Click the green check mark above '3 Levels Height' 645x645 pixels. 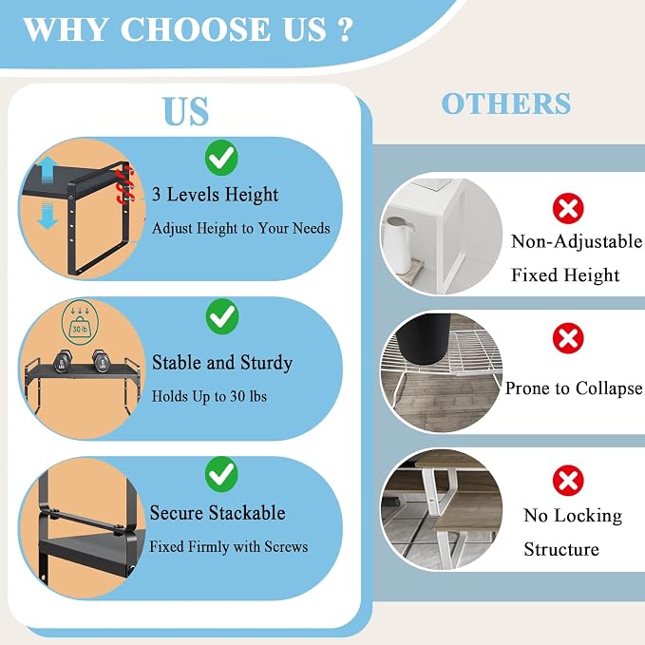221,158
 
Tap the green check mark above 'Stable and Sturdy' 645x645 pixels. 222,316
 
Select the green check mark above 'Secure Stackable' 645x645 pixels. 221,474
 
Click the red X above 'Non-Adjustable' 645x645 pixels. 568,208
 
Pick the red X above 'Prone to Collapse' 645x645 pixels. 568,338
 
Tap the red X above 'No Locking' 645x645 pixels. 568,481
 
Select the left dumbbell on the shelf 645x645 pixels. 63,361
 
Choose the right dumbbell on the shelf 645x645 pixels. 101,361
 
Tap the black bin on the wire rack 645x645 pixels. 424,339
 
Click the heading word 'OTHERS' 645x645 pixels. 506,104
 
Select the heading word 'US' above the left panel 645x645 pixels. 186,111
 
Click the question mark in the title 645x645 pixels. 347,28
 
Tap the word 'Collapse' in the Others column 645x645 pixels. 609,389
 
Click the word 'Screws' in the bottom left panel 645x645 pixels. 286,547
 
